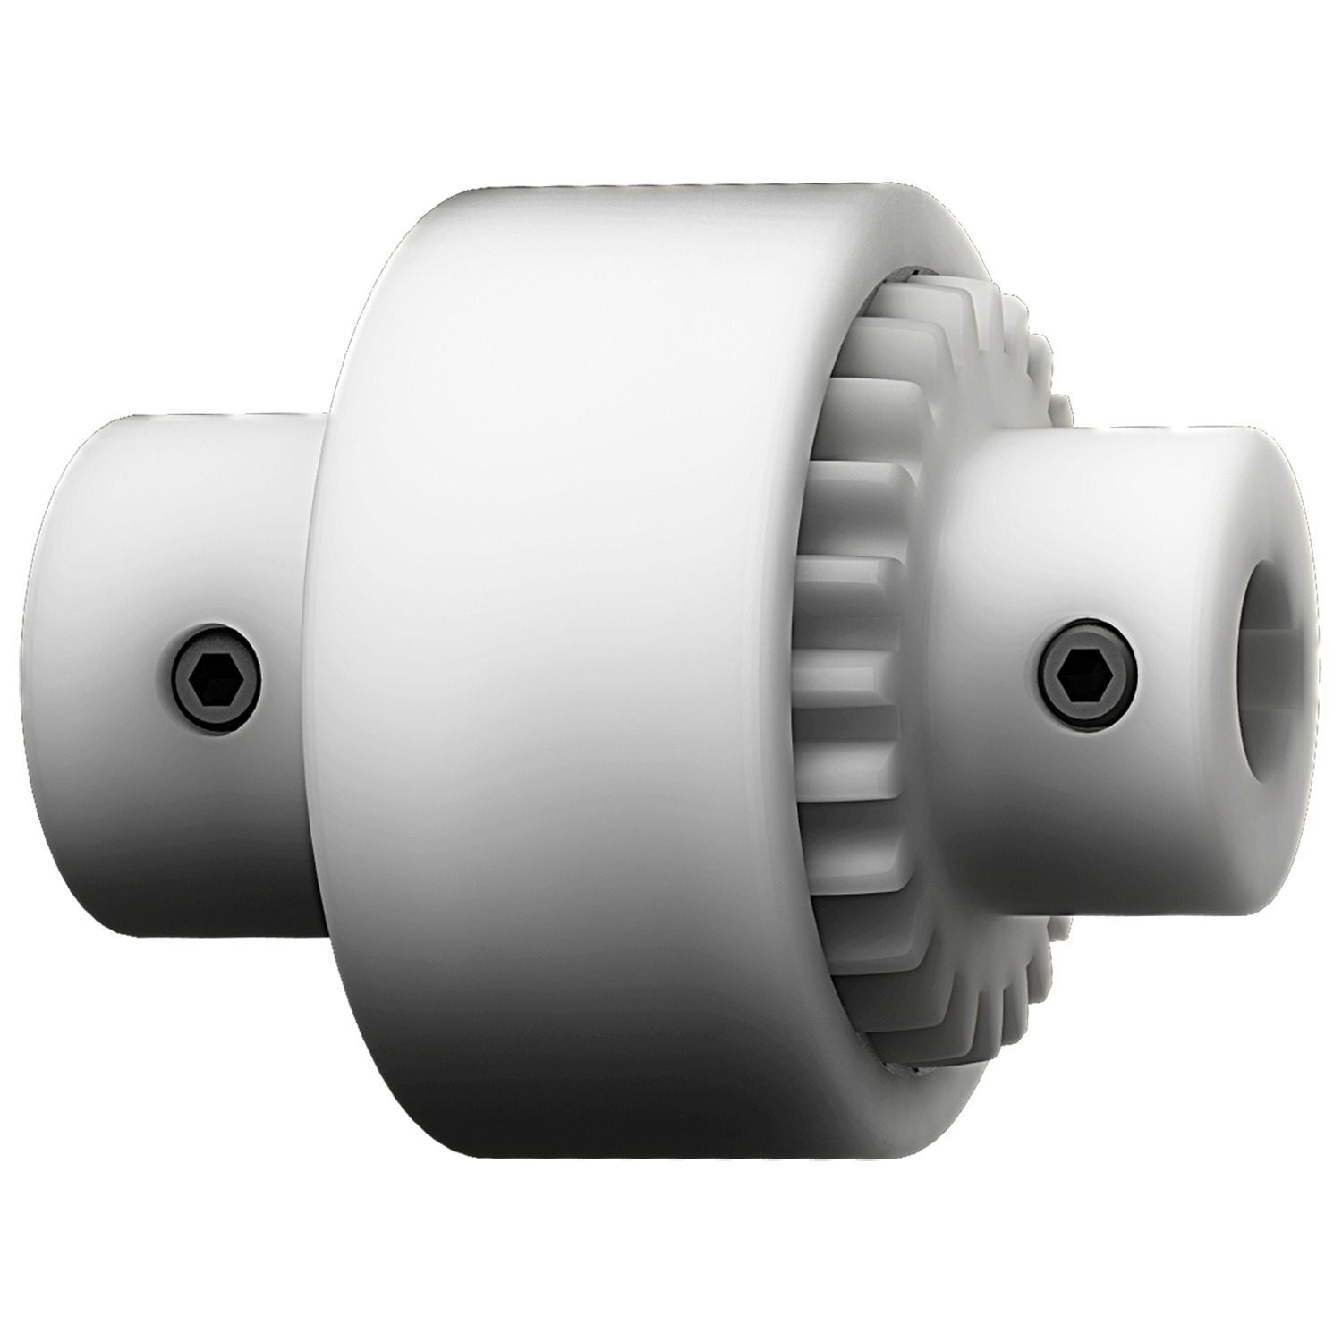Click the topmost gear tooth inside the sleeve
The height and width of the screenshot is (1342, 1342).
click(x=904, y=295)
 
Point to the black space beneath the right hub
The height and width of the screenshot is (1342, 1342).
click(x=1163, y=1074)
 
